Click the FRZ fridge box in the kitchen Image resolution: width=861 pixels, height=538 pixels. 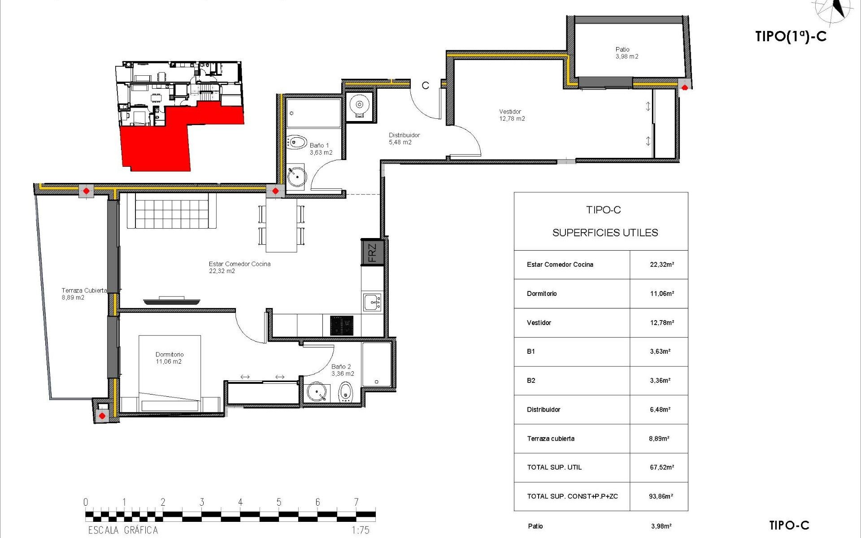pyautogui.click(x=372, y=252)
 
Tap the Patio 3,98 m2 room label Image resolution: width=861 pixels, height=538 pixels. pyautogui.click(x=626, y=53)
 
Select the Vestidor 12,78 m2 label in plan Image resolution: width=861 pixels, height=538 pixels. pyautogui.click(x=512, y=115)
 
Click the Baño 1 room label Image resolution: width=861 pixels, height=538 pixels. pyautogui.click(x=320, y=149)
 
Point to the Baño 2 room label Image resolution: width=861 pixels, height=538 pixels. pyautogui.click(x=342, y=370)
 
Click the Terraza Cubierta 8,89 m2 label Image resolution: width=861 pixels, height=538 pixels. pyautogui.click(x=84, y=294)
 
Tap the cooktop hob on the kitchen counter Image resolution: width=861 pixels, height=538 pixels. pyautogui.click(x=342, y=325)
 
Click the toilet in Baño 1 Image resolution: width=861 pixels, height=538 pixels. pyautogui.click(x=296, y=143)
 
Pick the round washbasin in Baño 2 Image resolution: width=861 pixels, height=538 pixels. pyautogui.click(x=317, y=392)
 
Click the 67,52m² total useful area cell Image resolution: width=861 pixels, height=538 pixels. pyautogui.click(x=661, y=467)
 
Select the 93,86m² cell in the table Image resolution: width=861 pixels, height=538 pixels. pyautogui.click(x=661, y=496)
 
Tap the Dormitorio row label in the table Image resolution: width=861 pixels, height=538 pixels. pyautogui.click(x=542, y=294)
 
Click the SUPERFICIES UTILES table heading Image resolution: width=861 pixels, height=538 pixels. pyautogui.click(x=605, y=233)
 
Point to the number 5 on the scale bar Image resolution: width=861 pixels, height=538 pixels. pyautogui.click(x=279, y=502)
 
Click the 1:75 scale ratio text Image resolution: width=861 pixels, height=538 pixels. pyautogui.click(x=360, y=530)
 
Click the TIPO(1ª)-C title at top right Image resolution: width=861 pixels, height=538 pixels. pyautogui.click(x=791, y=36)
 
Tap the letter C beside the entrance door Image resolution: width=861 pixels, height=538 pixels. pyautogui.click(x=425, y=86)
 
